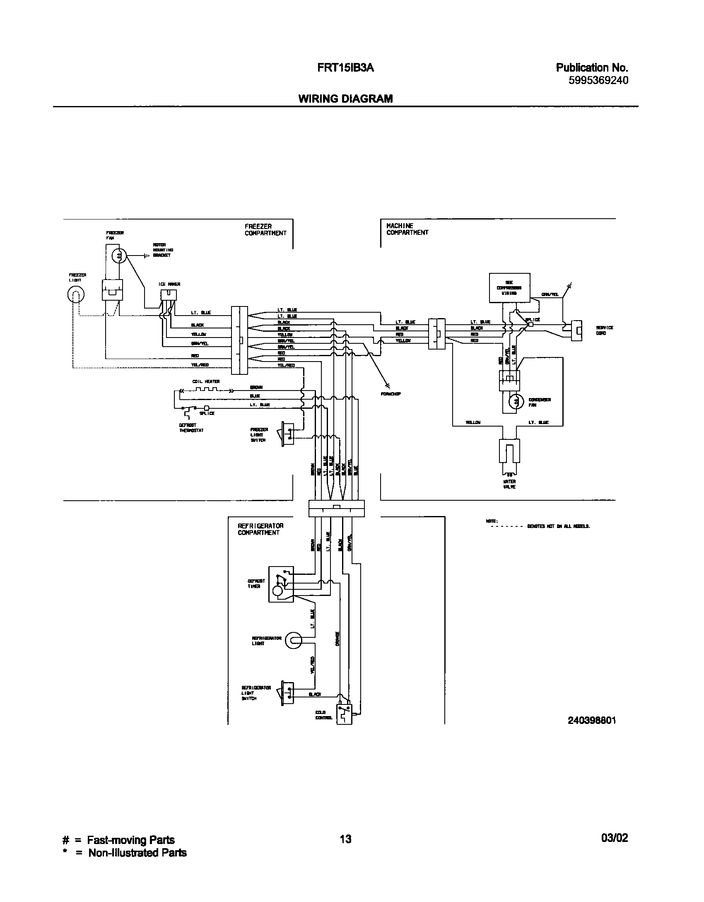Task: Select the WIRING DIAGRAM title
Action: point(345,99)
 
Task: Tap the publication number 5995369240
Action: point(598,80)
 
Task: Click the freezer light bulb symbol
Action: point(76,295)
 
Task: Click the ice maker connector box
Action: point(169,295)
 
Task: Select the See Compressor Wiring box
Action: point(509,287)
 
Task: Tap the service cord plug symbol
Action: point(576,330)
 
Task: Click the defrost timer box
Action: point(281,584)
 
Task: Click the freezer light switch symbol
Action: point(287,434)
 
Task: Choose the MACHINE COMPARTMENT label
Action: point(407,229)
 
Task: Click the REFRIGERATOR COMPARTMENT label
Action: point(260,529)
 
